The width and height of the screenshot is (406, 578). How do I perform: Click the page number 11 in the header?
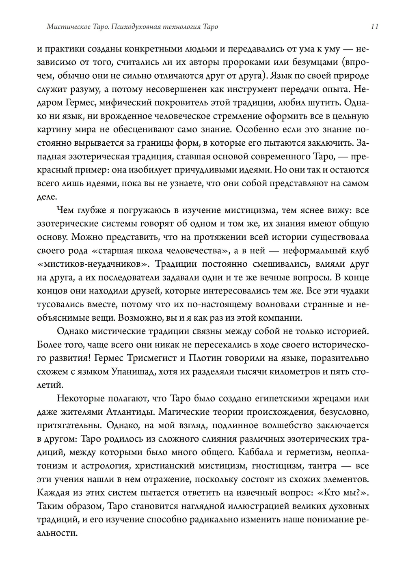click(374, 27)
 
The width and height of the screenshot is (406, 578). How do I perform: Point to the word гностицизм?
click(276, 466)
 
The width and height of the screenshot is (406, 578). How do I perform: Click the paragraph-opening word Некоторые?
click(80, 398)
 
